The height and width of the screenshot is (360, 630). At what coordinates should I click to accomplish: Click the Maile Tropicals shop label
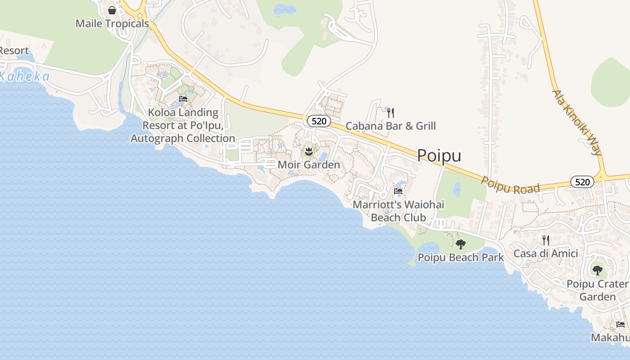[112, 23]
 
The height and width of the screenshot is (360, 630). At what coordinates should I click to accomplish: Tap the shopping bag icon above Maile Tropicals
[112, 10]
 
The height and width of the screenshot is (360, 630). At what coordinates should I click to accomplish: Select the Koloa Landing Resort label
[183, 126]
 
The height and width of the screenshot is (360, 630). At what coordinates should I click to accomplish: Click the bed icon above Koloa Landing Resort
[183, 99]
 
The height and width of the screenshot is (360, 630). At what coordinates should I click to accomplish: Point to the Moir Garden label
[309, 165]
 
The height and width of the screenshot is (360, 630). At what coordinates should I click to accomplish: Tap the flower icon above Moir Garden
[309, 151]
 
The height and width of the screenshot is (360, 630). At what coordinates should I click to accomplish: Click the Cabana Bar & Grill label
[391, 126]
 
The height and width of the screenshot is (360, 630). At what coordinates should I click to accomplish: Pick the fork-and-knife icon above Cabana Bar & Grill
[391, 112]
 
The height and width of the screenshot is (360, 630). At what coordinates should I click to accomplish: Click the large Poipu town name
[439, 155]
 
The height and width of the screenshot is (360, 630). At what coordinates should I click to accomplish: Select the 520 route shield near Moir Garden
[319, 121]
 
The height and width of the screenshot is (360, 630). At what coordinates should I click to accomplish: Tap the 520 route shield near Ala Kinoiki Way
[582, 182]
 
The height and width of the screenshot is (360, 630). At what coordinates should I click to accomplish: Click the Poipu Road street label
[510, 185]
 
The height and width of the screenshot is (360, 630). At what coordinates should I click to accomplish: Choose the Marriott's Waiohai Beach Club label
[398, 211]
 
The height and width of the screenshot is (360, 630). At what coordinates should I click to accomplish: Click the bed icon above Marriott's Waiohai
[398, 191]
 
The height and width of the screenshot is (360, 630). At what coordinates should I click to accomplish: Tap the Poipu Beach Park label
[461, 258]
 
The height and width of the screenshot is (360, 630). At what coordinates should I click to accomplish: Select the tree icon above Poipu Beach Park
[460, 244]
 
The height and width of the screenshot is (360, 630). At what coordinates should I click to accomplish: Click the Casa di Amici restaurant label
[545, 253]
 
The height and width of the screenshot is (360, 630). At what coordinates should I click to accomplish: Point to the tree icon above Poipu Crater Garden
[597, 270]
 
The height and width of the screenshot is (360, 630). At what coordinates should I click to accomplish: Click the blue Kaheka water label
[25, 76]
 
